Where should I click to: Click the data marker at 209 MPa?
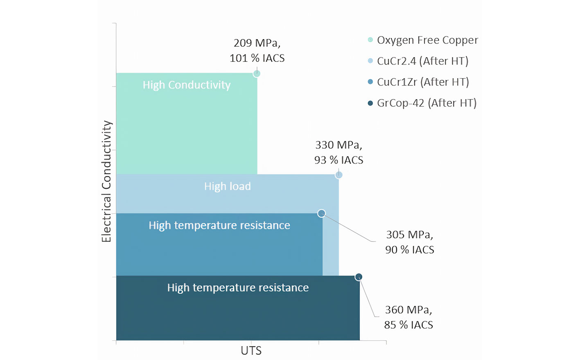257,74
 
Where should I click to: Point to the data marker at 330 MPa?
339,175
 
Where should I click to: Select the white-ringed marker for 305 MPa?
322,213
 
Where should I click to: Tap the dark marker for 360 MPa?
359,277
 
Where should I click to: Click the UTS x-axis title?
251,351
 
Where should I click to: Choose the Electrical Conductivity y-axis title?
106,181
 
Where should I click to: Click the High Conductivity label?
187,85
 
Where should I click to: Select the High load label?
228,186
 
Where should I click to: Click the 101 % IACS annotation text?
257,58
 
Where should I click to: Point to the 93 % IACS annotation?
338,160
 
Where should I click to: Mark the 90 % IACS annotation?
409,250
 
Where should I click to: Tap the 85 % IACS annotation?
408,325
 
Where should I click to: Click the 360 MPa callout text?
408,310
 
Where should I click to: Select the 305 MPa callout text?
409,235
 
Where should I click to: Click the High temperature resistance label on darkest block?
238,288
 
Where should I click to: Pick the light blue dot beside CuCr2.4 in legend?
370,61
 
